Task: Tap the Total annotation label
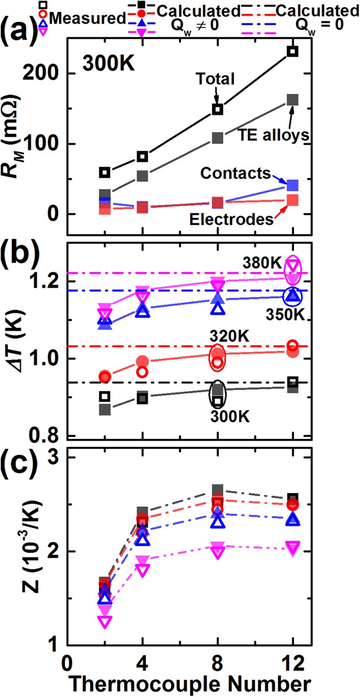click(x=214, y=79)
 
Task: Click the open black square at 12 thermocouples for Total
click(x=292, y=51)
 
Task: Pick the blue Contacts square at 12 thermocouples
click(x=292, y=185)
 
